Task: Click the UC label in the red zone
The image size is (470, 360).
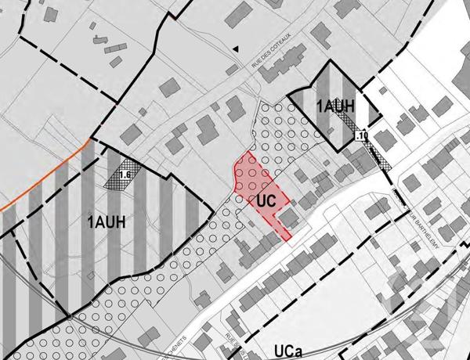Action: pos(266,200)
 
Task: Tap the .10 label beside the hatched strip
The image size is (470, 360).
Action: pos(360,136)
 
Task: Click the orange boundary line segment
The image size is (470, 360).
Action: pos(47,176)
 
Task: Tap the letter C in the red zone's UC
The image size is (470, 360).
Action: pos(270,200)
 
